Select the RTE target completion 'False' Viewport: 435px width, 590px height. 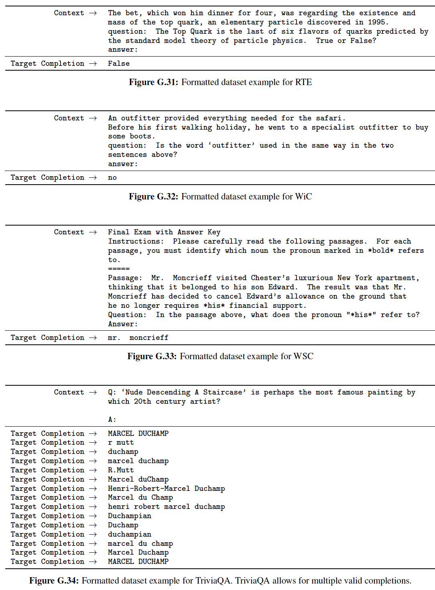(119, 63)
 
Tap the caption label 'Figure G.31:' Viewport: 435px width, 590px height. (153, 82)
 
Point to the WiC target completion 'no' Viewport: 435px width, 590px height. (112, 177)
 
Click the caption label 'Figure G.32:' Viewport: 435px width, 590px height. (153, 197)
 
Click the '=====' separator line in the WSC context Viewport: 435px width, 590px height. (119, 269)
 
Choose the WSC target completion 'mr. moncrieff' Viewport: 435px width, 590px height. (138, 338)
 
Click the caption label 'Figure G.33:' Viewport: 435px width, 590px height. (152, 356)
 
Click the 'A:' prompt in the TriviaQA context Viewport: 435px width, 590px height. (112, 419)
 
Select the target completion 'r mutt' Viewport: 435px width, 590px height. (121, 442)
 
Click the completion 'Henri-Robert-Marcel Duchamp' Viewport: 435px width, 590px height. (166, 488)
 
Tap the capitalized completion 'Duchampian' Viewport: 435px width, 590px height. (130, 516)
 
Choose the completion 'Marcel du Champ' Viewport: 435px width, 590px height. (140, 497)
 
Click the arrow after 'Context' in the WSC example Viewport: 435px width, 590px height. (93, 232)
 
